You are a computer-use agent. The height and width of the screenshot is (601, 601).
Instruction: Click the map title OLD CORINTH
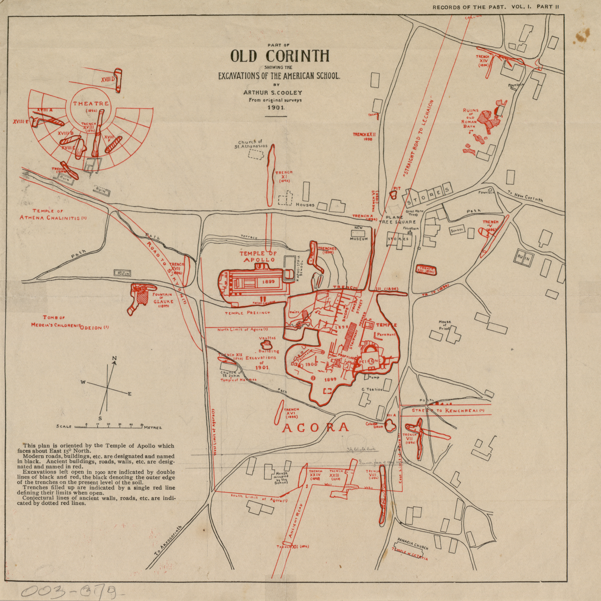tap(280, 56)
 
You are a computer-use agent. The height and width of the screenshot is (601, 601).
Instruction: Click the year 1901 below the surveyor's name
tap(276, 107)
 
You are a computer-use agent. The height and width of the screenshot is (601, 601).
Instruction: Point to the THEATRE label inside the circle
tap(91, 104)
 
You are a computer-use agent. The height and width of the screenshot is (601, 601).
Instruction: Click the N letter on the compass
tap(114, 359)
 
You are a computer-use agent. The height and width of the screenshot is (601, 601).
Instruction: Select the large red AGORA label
tap(315, 428)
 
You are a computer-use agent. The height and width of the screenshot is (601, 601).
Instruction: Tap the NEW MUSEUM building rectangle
tap(358, 233)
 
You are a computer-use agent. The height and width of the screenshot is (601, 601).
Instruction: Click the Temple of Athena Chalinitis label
tap(53, 214)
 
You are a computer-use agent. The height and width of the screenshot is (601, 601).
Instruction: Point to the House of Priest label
tap(445, 325)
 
